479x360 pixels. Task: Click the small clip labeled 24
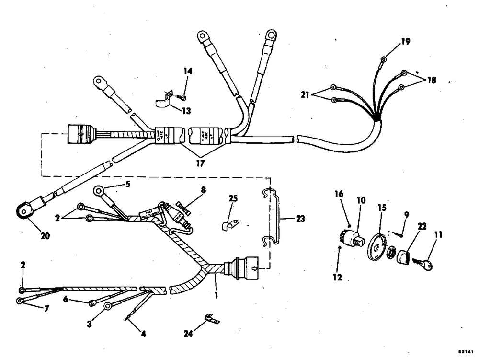tap(209, 318)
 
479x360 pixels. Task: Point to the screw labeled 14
tap(182, 98)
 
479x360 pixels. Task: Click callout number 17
tap(200, 163)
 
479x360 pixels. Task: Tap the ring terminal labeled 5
tap(99, 191)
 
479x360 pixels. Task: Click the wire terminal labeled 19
tap(384, 60)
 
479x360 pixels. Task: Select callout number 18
tap(432, 80)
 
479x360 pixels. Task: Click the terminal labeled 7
tap(20, 301)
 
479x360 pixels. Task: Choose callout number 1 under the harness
tap(216, 296)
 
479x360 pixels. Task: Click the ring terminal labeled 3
tap(108, 306)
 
